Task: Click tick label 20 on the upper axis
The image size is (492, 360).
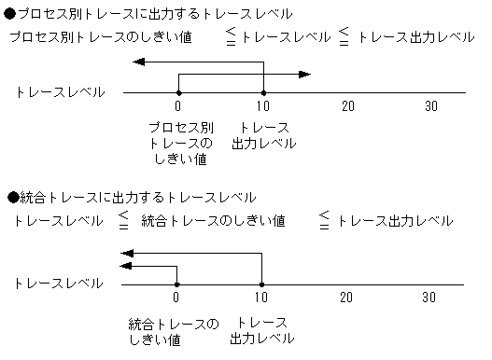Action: pos(348,107)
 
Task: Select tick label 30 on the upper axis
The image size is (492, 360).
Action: pos(431,107)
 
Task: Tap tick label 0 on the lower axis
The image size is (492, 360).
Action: pos(176,298)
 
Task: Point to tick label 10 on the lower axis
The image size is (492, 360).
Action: pos(262,298)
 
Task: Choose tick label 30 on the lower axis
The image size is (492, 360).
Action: pos(429,298)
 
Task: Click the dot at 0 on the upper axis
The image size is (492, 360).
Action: pos(177,92)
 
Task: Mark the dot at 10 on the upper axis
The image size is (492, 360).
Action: pos(263,92)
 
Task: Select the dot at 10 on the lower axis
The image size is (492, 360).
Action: pos(261,284)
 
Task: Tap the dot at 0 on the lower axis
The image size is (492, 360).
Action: pos(176,284)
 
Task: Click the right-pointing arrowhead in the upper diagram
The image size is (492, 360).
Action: pos(304,74)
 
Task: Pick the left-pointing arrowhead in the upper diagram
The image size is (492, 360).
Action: pos(138,62)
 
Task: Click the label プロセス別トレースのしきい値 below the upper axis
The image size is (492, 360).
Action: pos(179,143)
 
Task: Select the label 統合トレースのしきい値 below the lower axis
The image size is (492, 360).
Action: pos(175,331)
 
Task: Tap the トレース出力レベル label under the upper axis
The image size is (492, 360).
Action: pos(264,135)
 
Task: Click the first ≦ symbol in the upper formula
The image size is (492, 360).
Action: pos(232,37)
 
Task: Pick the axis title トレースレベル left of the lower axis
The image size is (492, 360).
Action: pos(59,284)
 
